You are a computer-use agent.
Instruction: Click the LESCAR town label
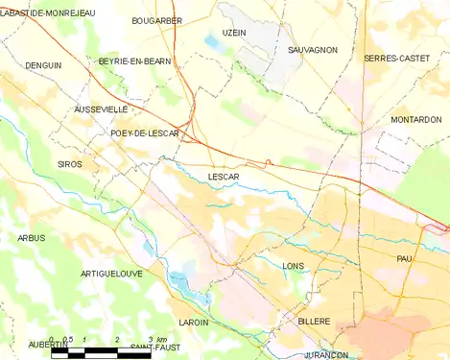[x=223, y=178]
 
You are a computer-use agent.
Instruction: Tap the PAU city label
[x=404, y=259]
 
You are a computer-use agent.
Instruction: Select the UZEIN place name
[x=234, y=33]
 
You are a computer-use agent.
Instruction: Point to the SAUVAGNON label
[x=313, y=49]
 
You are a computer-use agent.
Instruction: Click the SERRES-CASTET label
[x=390, y=59]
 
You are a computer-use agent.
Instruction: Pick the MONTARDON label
[x=416, y=120]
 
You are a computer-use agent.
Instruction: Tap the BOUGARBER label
[x=155, y=19]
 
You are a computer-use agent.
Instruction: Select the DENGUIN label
[x=43, y=65]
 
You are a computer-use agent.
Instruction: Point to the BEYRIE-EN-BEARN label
[x=134, y=61]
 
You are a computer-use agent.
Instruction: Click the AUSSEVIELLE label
[x=101, y=110]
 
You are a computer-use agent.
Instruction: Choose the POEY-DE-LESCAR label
[x=144, y=133]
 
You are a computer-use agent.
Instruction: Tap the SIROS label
[x=70, y=165]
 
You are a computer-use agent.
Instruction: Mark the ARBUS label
[x=31, y=238]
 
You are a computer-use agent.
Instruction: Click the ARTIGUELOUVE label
[x=111, y=274]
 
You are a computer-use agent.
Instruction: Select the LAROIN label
[x=193, y=323]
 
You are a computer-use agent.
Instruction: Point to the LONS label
[x=294, y=266]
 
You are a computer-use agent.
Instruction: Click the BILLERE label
[x=314, y=322]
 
